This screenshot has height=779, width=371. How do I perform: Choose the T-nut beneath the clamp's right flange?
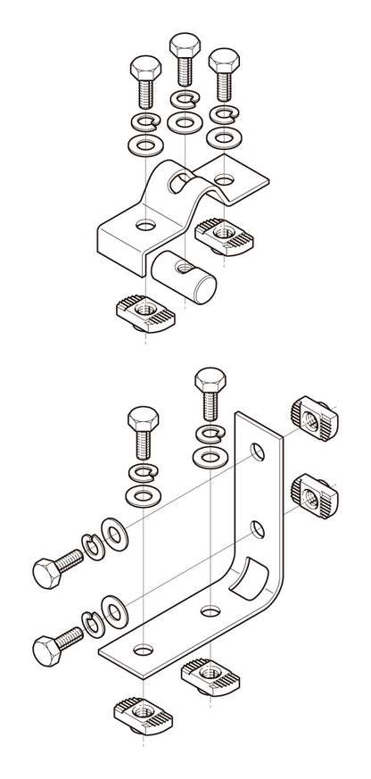(x=222, y=233)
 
